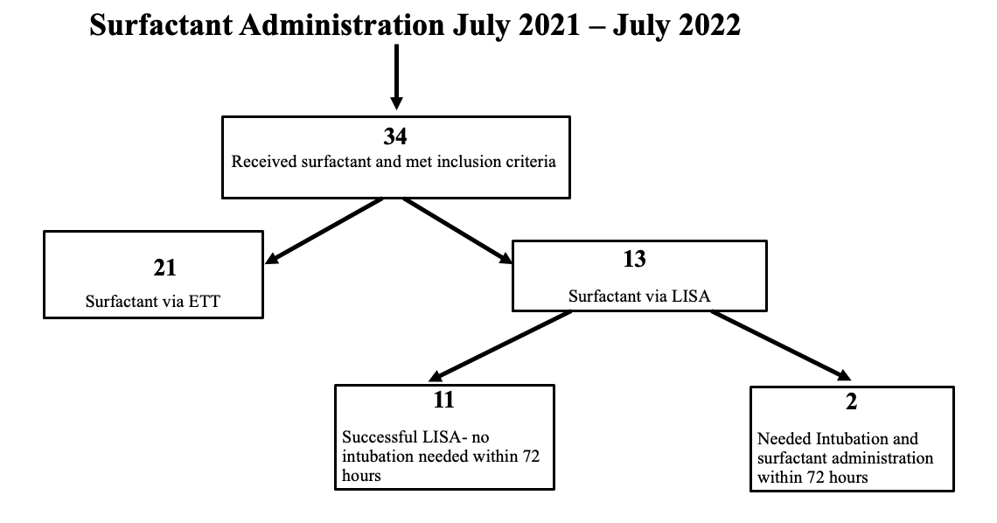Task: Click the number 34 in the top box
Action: pos(394,136)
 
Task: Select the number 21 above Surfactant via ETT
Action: pos(164,268)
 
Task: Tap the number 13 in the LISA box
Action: pos(635,259)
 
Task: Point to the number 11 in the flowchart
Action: pos(443,400)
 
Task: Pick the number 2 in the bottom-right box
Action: pos(852,401)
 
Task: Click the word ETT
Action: pos(205,301)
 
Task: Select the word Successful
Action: pos(379,437)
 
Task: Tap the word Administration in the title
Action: pos(342,25)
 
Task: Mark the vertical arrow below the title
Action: pos(396,77)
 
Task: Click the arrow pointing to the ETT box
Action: pos(324,230)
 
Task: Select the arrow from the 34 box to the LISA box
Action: pos(457,230)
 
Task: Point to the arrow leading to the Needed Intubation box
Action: pos(781,345)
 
